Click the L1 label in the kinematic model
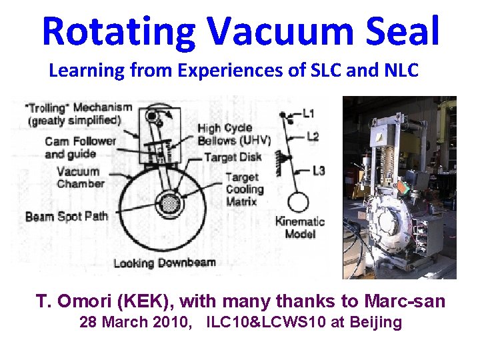pyautogui.click(x=309, y=114)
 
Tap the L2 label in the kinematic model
pyautogui.click(x=313, y=137)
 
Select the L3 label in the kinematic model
pyautogui.click(x=319, y=171)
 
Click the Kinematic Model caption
pyautogui.click(x=300, y=227)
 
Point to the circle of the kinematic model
pyautogui.click(x=299, y=202)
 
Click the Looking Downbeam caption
pyautogui.click(x=164, y=262)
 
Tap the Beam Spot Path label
pyautogui.click(x=67, y=216)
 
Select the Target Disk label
pyautogui.click(x=233, y=158)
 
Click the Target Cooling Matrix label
pyautogui.click(x=244, y=189)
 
